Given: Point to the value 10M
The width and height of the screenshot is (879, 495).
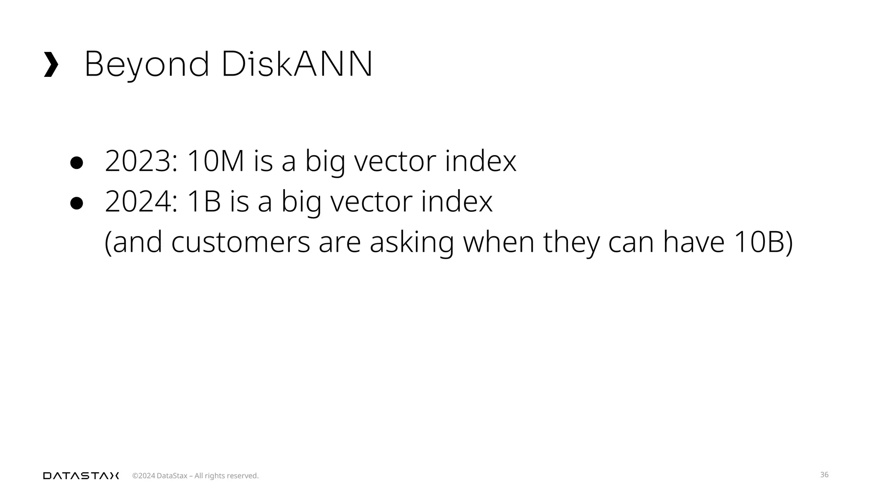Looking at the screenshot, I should (x=216, y=161).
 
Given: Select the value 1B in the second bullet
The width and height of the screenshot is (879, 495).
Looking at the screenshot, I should (x=204, y=202).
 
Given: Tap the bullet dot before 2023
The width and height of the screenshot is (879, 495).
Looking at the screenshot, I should (x=76, y=163).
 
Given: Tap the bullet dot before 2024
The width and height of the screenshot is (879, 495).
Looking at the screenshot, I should (x=76, y=203).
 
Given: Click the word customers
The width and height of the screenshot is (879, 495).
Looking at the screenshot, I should (x=240, y=242).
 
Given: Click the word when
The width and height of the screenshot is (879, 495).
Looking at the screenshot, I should (x=498, y=242).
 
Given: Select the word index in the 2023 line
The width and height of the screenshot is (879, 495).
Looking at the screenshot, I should (x=480, y=161).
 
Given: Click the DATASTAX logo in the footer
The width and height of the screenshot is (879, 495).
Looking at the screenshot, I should (x=81, y=476).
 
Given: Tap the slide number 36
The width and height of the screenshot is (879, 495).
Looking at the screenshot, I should (x=824, y=475).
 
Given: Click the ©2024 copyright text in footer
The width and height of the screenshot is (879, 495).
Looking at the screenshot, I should (x=144, y=476).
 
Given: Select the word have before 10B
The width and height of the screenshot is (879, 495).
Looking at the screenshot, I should (x=694, y=242).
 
